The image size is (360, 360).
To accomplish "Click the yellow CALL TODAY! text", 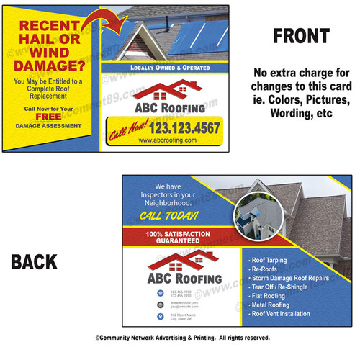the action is click(x=168, y=216).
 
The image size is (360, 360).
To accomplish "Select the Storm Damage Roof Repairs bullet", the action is click(x=289, y=276).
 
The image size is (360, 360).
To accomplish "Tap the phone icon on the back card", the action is click(x=159, y=294).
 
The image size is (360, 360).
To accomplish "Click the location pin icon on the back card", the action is click(x=159, y=316).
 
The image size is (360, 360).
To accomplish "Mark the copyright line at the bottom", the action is click(x=180, y=337).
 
